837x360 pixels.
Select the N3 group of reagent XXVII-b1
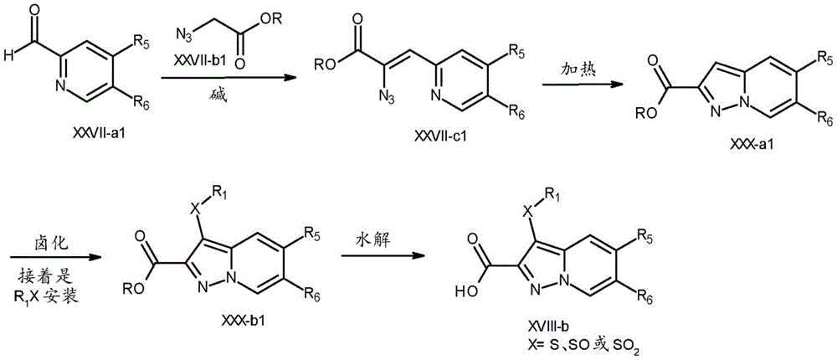pyautogui.click(x=184, y=38)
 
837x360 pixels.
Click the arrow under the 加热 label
pyautogui.click(x=576, y=85)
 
